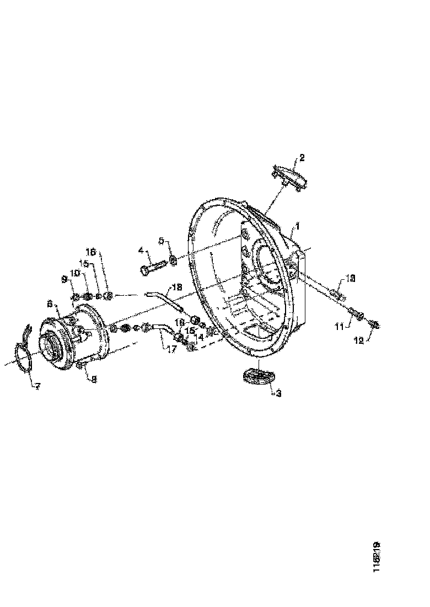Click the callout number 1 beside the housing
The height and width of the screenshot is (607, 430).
point(297,226)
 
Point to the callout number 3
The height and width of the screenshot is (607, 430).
point(279,393)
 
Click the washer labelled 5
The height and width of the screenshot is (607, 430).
point(173,259)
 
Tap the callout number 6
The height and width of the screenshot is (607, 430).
point(50,303)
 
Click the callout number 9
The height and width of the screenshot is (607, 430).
point(64,280)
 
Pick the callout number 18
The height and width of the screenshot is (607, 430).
point(176,287)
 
